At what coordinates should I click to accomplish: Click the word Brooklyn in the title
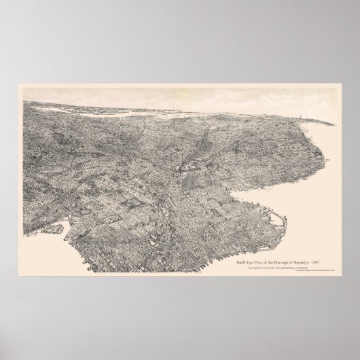(295, 242)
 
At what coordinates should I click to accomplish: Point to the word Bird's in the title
(225, 242)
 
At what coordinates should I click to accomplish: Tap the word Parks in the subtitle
(239, 250)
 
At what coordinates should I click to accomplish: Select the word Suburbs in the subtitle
(305, 250)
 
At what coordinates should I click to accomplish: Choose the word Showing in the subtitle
(228, 250)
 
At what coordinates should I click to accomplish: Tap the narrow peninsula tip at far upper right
(333, 122)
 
